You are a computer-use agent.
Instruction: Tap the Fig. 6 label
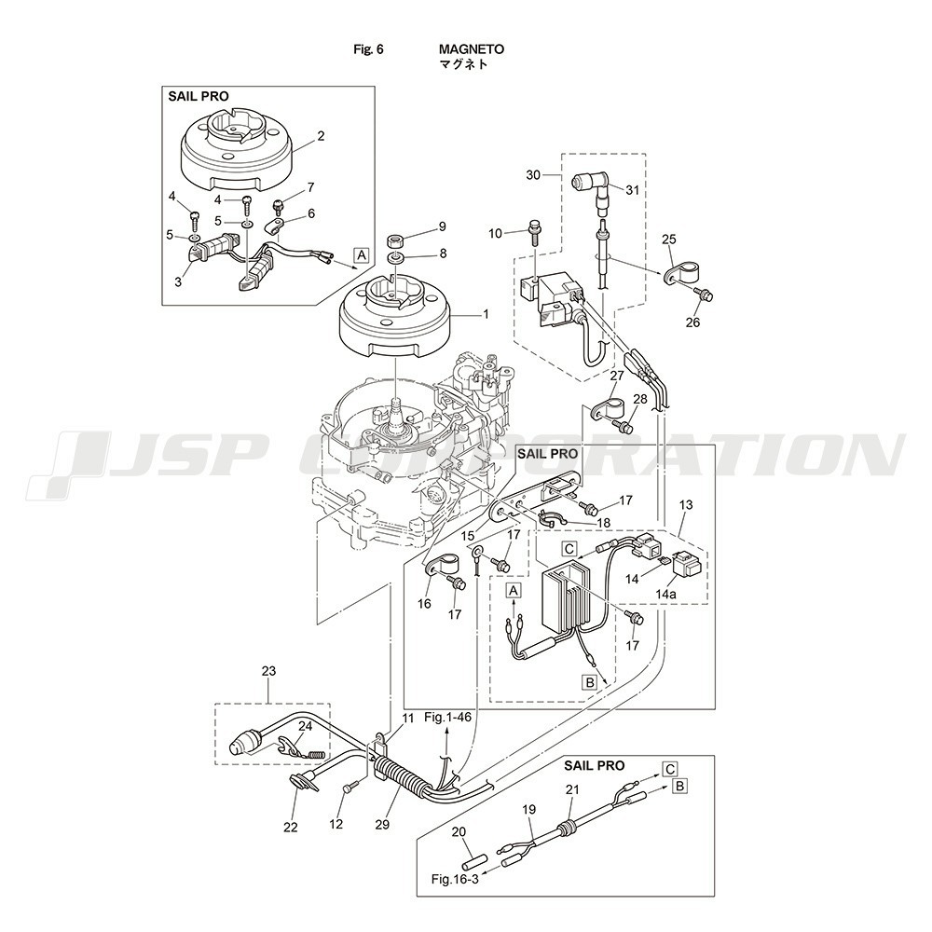[x=369, y=49]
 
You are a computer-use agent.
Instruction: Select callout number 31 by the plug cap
[x=633, y=190]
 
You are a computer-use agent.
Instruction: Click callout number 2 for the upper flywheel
[x=321, y=136]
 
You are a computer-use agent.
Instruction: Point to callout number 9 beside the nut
[x=442, y=226]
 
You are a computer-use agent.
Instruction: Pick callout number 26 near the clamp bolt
[x=692, y=323]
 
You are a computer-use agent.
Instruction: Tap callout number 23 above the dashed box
[x=268, y=671]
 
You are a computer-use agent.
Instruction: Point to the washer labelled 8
[x=395, y=254]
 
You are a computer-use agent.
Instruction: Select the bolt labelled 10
[x=535, y=229]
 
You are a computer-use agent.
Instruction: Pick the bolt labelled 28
[x=626, y=427]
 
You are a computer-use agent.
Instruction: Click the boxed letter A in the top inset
[x=361, y=254]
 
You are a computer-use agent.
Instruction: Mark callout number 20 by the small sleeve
[x=458, y=831]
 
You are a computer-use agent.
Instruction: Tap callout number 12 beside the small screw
[x=336, y=824]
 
